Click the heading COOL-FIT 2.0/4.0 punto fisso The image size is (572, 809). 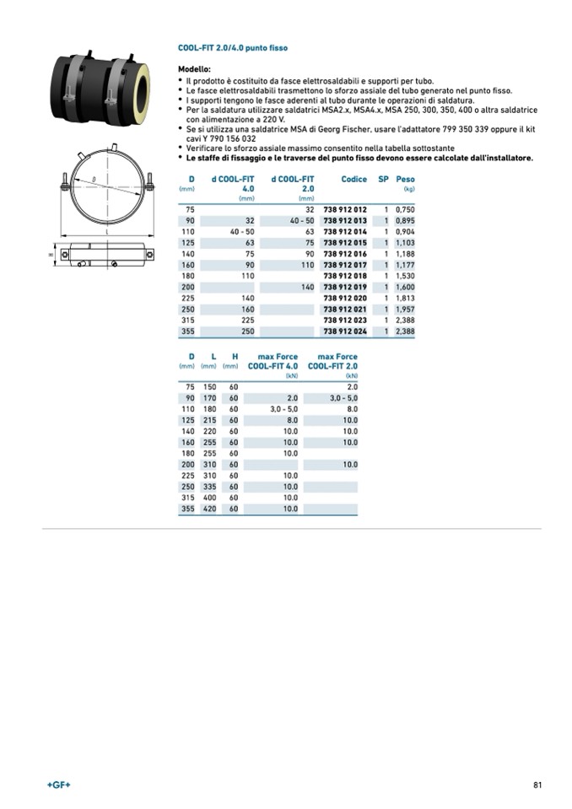pyautogui.click(x=232, y=49)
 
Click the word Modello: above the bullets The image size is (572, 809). pyautogui.click(x=194, y=69)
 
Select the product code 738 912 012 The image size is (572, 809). pyautogui.click(x=345, y=209)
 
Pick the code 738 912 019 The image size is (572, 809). pyautogui.click(x=345, y=287)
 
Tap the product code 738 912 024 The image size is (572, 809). pyautogui.click(x=345, y=332)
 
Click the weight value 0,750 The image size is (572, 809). pyautogui.click(x=405, y=209)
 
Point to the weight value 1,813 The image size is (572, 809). pyautogui.click(x=405, y=298)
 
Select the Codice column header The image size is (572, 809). pyautogui.click(x=354, y=179)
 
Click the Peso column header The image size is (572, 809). pyautogui.click(x=405, y=179)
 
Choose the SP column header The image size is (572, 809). pyautogui.click(x=383, y=179)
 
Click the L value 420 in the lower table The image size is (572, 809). pyautogui.click(x=209, y=509)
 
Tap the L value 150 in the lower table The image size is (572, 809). pyautogui.click(x=209, y=386)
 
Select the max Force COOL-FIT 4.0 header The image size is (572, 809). pyautogui.click(x=273, y=361)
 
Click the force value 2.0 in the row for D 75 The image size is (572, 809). pyautogui.click(x=352, y=386)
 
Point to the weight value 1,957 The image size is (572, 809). pyautogui.click(x=405, y=310)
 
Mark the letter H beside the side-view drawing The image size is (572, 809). pyautogui.click(x=51, y=254)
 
